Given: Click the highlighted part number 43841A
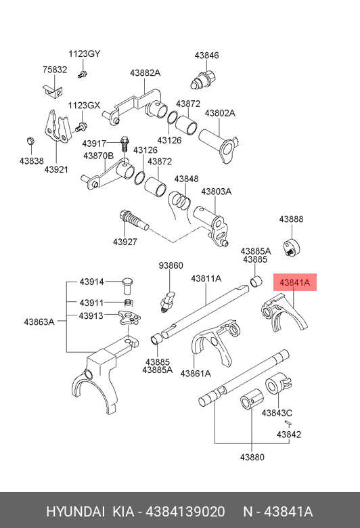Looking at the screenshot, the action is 294,282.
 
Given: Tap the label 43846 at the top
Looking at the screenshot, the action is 206,56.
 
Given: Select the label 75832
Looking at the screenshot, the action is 55,69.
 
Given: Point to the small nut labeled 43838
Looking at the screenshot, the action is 30,141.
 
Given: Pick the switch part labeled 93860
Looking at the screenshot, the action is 168,301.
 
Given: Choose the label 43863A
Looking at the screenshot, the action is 39,322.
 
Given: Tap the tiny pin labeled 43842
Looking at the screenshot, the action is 288,423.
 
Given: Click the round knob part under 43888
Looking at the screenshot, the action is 292,248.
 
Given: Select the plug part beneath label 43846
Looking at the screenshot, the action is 203,79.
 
